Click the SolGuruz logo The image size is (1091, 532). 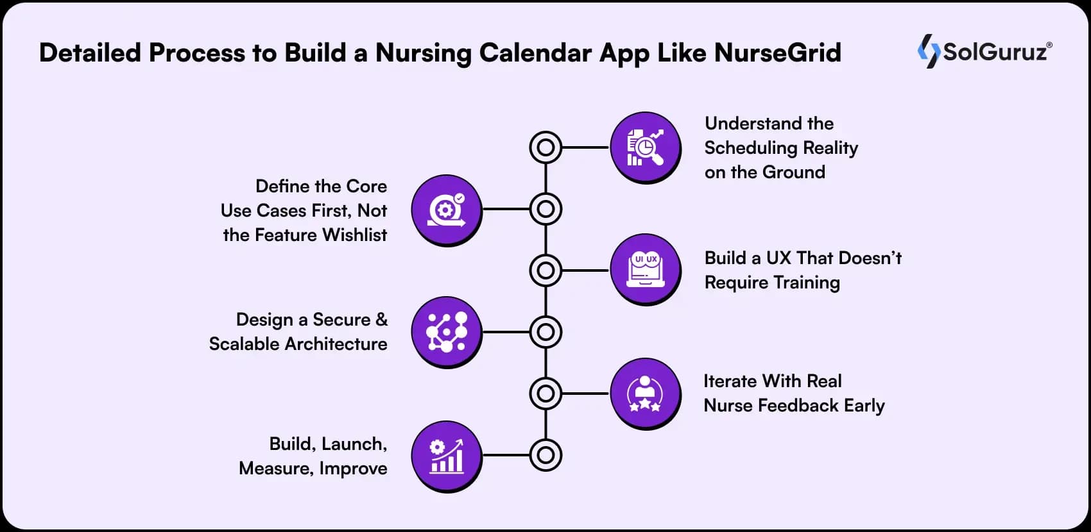(984, 51)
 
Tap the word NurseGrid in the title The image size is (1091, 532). (777, 53)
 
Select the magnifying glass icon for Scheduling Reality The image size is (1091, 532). (646, 147)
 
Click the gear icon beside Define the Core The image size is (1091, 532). (447, 211)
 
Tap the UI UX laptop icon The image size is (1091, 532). (646, 270)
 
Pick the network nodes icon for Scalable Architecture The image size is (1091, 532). (447, 332)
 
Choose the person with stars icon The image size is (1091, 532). (646, 394)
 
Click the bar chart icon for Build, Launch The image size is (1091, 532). (447, 456)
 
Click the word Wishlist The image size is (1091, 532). (354, 235)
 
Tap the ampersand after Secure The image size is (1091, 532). (381, 319)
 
